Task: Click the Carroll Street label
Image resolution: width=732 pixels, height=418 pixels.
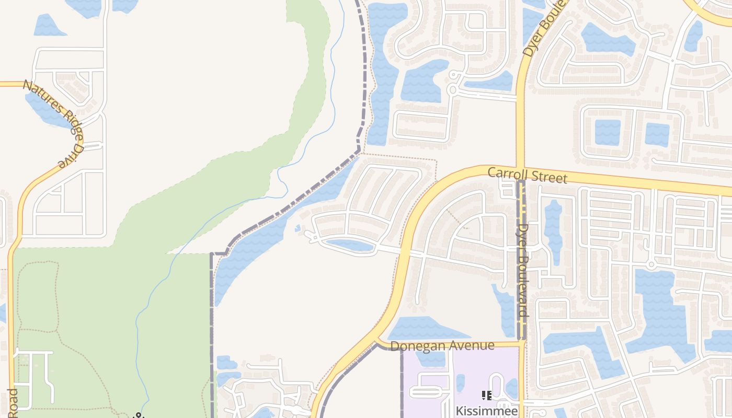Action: click(x=527, y=175)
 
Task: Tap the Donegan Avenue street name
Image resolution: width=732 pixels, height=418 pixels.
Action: click(x=442, y=346)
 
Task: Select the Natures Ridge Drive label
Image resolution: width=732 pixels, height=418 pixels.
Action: click(x=53, y=123)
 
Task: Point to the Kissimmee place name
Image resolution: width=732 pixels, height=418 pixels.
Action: click(x=487, y=411)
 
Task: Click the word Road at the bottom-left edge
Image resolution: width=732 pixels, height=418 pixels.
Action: click(x=13, y=402)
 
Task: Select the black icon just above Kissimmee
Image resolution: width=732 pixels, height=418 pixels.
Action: click(x=486, y=396)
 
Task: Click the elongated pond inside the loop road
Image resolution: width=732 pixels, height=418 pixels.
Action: click(x=349, y=245)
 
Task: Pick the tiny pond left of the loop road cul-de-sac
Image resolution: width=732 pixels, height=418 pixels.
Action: click(x=298, y=228)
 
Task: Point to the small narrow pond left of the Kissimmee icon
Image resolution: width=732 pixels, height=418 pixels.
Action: click(x=460, y=383)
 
